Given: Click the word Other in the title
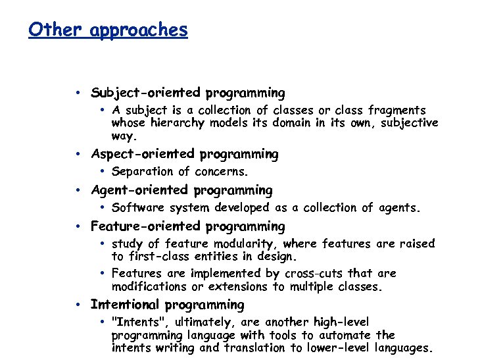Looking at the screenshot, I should (55, 30).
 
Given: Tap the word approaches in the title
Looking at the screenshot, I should (138, 30).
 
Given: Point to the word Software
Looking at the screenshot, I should (138, 209).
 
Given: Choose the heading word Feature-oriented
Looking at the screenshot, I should (145, 227).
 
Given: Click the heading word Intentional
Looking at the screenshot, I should (125, 305).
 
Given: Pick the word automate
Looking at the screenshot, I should (345, 335).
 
